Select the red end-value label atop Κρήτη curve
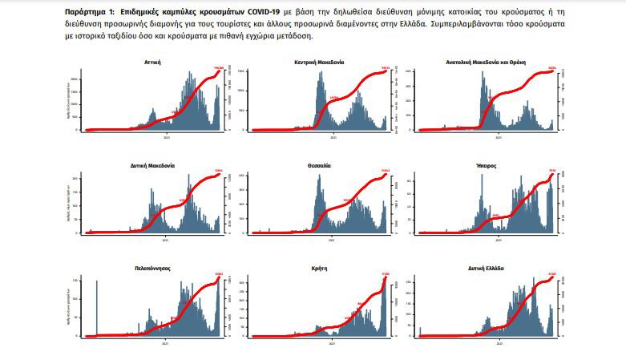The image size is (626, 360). click(x=384, y=274)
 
